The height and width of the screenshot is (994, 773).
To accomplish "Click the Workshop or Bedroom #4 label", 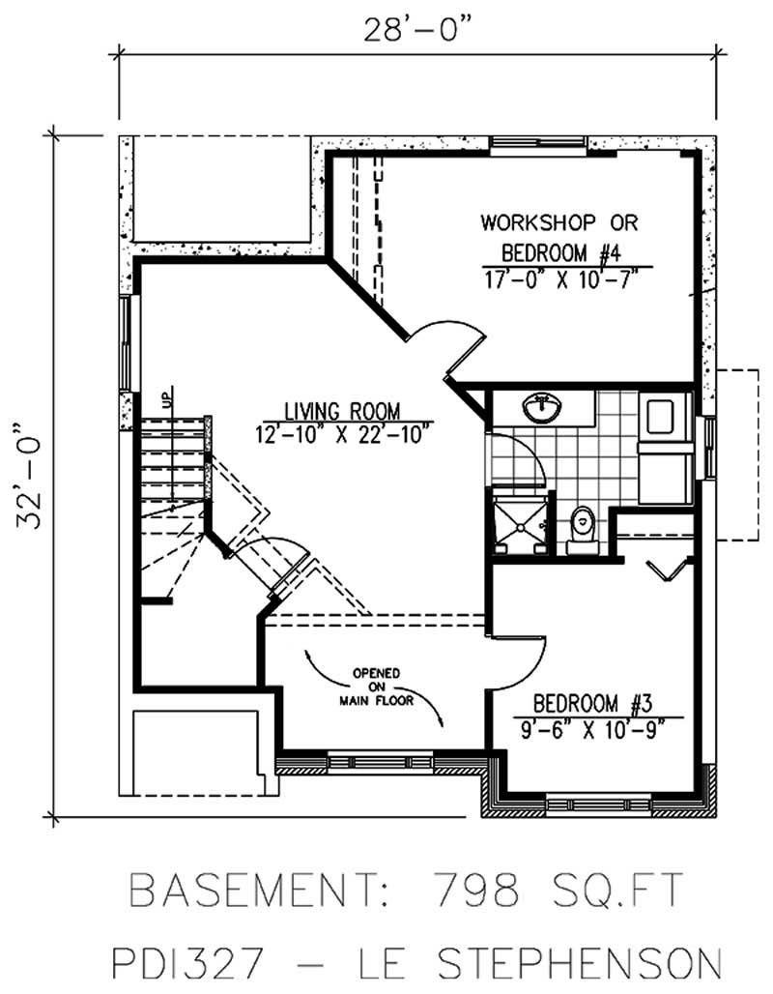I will [x=559, y=237].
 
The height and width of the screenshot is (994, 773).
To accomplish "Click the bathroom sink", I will [x=545, y=409].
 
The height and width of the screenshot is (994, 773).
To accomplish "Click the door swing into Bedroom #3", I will [x=522, y=658].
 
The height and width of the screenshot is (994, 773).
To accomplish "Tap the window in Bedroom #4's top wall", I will [x=537, y=146].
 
